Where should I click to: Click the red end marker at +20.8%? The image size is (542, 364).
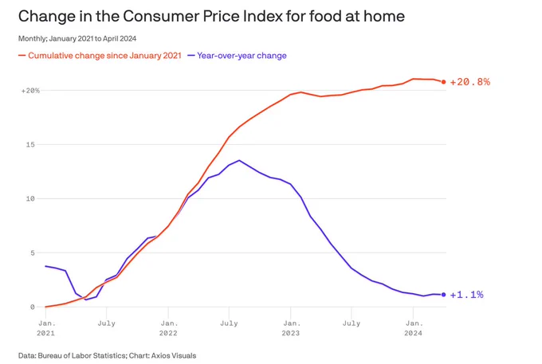tap(443, 82)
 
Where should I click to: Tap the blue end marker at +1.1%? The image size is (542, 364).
tap(443, 295)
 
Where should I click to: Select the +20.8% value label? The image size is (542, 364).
tap(469, 82)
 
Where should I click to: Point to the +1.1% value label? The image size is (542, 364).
tap(466, 295)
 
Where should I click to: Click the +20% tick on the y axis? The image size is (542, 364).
tap(30, 91)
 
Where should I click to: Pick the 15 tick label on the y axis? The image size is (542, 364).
tap(30, 144)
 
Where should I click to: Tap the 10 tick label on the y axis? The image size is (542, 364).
tap(30, 198)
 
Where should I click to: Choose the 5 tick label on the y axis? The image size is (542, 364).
tap(33, 252)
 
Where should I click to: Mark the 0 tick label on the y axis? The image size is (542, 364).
tap(33, 307)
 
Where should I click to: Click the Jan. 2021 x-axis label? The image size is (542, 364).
tap(46, 328)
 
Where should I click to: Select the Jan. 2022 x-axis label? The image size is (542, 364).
tap(168, 328)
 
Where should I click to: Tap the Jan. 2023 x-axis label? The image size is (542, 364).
tap(291, 328)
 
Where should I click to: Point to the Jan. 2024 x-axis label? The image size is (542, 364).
tap(414, 328)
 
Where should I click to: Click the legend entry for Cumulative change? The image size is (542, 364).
tap(100, 56)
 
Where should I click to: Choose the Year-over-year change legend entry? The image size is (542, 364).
tap(238, 56)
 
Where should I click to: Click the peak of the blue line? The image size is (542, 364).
tap(239, 160)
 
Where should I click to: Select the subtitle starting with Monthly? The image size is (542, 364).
tap(77, 38)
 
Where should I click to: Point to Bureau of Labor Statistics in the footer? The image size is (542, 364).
tap(81, 355)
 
